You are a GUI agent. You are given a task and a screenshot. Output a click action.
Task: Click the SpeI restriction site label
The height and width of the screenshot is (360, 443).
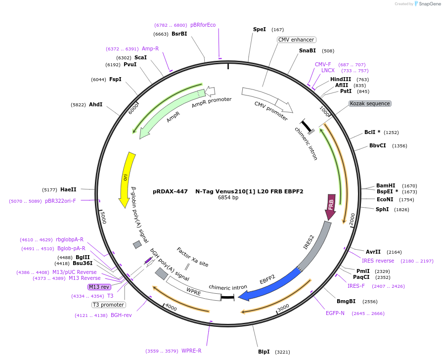click(260, 30)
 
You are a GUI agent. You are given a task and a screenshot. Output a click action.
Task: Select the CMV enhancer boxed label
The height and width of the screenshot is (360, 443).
click(296, 40)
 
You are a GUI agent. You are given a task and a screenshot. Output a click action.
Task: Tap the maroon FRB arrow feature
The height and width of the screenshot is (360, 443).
click(331, 206)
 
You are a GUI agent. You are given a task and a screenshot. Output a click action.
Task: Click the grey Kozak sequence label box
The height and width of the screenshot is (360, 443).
click(370, 103)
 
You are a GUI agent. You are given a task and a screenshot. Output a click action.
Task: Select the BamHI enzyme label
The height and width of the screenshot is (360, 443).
click(386, 185)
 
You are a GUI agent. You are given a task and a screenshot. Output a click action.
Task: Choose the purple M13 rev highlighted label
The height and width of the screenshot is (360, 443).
click(99, 287)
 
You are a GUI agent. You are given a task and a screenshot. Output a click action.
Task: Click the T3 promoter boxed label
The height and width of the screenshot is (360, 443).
click(108, 305)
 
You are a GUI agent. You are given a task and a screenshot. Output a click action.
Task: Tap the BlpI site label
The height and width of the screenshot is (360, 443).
click(264, 352)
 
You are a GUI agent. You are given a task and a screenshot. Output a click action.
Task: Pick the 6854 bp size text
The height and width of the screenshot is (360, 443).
click(228, 198)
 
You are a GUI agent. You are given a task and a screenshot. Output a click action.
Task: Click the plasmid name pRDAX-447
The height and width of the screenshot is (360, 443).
click(170, 191)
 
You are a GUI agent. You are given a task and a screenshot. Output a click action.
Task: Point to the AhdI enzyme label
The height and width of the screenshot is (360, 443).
click(96, 104)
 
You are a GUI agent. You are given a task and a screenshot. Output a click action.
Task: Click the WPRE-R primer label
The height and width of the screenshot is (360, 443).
click(191, 351)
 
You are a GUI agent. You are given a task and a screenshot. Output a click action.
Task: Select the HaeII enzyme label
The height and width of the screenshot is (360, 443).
click(68, 189)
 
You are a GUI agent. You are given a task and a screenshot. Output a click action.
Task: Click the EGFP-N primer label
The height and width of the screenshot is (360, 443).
click(335, 313)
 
